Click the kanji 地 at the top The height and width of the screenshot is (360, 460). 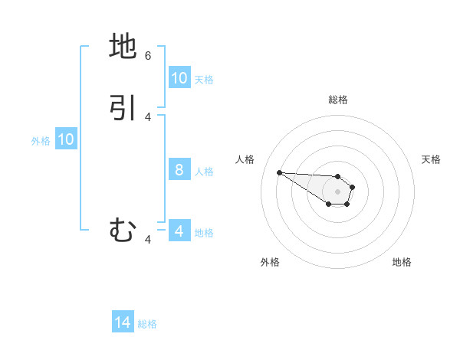coord(123,47)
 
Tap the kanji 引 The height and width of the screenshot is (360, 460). coord(123,108)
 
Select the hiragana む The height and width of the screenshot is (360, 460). coord(123,230)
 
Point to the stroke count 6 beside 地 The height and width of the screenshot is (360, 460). coord(148,56)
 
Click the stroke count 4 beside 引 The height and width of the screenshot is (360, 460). coord(148,117)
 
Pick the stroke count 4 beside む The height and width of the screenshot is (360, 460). coord(148,240)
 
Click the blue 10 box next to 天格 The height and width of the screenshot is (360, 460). coord(179,78)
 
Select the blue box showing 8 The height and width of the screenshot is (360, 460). coord(179,170)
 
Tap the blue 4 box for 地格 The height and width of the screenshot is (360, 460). coord(179,231)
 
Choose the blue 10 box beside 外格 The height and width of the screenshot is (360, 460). coord(66,139)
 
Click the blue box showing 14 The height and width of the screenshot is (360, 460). coord(123,323)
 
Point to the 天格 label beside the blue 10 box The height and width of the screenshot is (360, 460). coord(204,79)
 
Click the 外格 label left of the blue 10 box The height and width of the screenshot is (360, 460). coord(41,140)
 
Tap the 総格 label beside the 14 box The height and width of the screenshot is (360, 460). coord(147,324)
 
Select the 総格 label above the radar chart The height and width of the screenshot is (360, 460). coord(338,100)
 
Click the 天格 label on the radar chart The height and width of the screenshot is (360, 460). coord(431,159)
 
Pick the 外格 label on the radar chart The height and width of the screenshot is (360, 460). coord(270,262)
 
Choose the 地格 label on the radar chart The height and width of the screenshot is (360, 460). coord(402,262)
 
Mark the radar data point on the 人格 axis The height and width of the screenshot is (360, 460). coord(279,172)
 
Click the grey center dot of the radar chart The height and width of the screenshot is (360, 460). coord(337,191)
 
